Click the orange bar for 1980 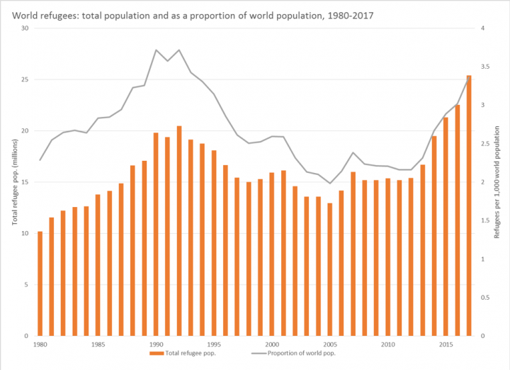click(x=40, y=284)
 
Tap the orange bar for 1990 click(x=156, y=234)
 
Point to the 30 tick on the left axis click(x=25, y=28)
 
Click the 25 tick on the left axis click(x=25, y=79)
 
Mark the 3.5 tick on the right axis click(x=484, y=67)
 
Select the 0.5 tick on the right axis click(x=484, y=298)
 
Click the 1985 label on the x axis click(x=98, y=344)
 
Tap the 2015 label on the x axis click(x=446, y=344)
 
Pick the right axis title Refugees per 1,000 click(x=497, y=182)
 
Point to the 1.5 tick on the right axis click(x=484, y=220)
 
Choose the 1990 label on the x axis click(x=156, y=344)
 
